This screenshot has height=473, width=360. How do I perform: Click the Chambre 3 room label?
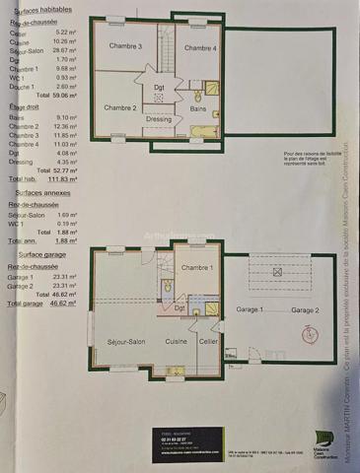coord(125,46)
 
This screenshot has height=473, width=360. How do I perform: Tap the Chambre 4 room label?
coord(200,47)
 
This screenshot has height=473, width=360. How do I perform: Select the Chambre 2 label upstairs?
coord(120,107)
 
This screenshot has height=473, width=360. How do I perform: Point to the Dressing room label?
coord(159,119)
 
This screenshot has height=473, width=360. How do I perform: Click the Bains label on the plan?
coord(198,108)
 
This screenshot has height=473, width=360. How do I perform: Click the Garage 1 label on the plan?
coord(249,309)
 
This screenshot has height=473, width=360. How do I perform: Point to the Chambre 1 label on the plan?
coord(196,268)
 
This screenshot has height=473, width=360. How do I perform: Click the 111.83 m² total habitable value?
coord(64,180)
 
